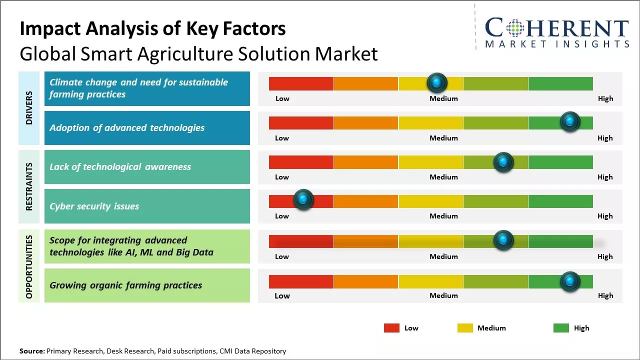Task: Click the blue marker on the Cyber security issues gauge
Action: (x=302, y=199)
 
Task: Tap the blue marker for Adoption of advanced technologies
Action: (x=569, y=121)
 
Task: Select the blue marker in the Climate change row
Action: (x=436, y=82)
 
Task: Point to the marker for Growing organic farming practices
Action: (x=569, y=281)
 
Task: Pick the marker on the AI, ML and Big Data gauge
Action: (x=503, y=240)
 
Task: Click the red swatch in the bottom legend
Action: (x=391, y=328)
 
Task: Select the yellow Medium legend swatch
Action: (x=465, y=328)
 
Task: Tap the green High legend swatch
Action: (x=561, y=328)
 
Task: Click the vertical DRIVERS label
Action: (x=29, y=108)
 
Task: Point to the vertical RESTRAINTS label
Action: (x=29, y=186)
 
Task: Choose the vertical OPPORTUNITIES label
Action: (x=29, y=266)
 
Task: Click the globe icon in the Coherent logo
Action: (x=514, y=27)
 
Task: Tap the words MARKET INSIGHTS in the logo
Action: (x=557, y=44)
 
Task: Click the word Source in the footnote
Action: (x=31, y=351)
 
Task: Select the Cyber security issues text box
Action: (x=147, y=206)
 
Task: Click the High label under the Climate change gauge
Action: (x=605, y=98)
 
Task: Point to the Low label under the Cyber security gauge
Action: (x=282, y=216)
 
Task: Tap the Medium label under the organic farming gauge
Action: (x=443, y=295)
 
